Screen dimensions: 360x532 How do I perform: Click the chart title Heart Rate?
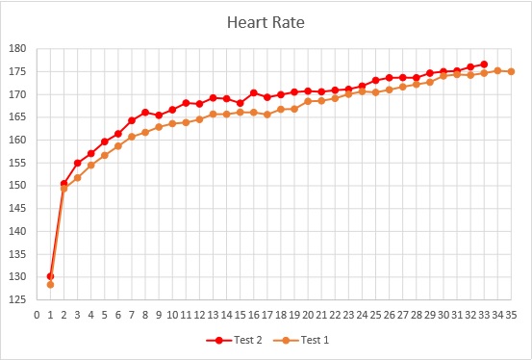click(x=266, y=22)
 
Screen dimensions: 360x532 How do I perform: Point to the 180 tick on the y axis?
click(x=18, y=49)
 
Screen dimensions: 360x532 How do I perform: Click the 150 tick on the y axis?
click(x=18, y=186)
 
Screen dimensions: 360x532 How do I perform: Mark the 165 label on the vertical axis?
click(x=18, y=117)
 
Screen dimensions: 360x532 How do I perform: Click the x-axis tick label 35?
click(x=511, y=314)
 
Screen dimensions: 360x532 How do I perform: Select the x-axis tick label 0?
click(x=37, y=314)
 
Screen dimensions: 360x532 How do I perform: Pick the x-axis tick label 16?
click(x=254, y=314)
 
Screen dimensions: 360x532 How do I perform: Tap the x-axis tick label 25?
click(x=375, y=314)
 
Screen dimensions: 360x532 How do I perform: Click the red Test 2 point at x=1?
click(x=50, y=276)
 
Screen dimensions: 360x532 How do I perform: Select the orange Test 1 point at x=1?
click(x=50, y=285)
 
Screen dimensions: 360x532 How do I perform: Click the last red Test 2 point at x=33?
click(x=484, y=64)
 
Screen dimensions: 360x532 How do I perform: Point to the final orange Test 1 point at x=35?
click(x=511, y=71)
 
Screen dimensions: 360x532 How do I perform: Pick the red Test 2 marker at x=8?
click(x=145, y=113)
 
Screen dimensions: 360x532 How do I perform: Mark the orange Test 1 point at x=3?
click(x=77, y=178)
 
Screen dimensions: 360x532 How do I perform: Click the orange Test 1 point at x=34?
click(x=497, y=70)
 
